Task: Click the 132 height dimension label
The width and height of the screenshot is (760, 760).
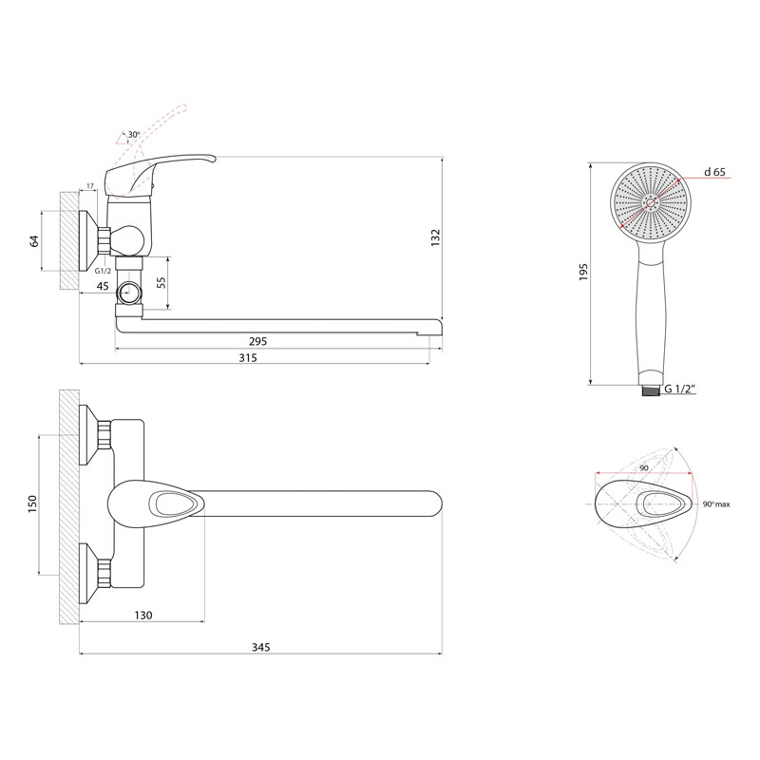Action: pyautogui.click(x=435, y=238)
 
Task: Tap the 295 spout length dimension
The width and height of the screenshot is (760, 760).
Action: pyautogui.click(x=257, y=341)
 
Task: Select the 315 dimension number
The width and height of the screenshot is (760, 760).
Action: pyautogui.click(x=248, y=358)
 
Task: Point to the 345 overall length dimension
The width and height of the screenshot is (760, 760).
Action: pyautogui.click(x=260, y=647)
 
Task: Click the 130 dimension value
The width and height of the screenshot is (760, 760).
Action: pyautogui.click(x=143, y=615)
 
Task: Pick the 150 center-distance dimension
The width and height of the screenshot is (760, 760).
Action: pyautogui.click(x=32, y=504)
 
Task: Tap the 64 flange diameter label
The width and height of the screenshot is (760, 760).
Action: pyautogui.click(x=34, y=241)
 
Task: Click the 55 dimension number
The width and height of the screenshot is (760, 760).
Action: pyautogui.click(x=161, y=282)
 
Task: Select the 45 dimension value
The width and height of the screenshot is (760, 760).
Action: pyautogui.click(x=103, y=287)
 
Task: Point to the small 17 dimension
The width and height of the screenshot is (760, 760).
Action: pyautogui.click(x=90, y=185)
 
